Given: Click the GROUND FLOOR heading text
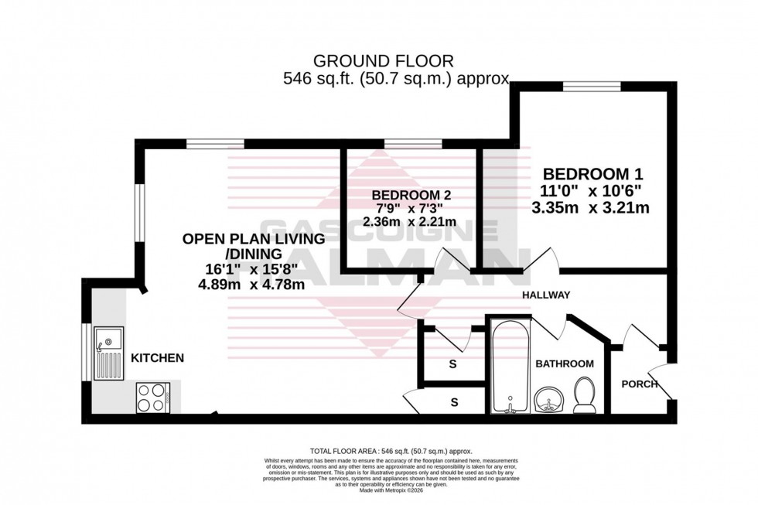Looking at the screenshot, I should click(383, 60).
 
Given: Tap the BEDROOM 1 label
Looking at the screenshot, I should click(592, 174).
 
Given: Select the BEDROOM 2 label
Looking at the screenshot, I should click(411, 195).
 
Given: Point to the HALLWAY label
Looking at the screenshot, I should click(545, 295).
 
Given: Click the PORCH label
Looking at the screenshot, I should click(639, 384).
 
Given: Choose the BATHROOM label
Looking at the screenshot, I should click(564, 363).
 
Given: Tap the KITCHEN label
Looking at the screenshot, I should click(157, 358).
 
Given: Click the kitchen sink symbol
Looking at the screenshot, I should click(108, 353).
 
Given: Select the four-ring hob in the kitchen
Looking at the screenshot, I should click(153, 398).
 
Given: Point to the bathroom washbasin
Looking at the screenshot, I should click(550, 401).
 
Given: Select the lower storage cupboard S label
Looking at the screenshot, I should click(454, 402).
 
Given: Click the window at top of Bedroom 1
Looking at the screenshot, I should click(592, 87).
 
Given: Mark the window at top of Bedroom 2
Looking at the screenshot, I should click(414, 143).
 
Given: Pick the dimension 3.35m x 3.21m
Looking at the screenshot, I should click(589, 207).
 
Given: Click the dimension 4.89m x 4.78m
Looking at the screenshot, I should click(249, 285).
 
